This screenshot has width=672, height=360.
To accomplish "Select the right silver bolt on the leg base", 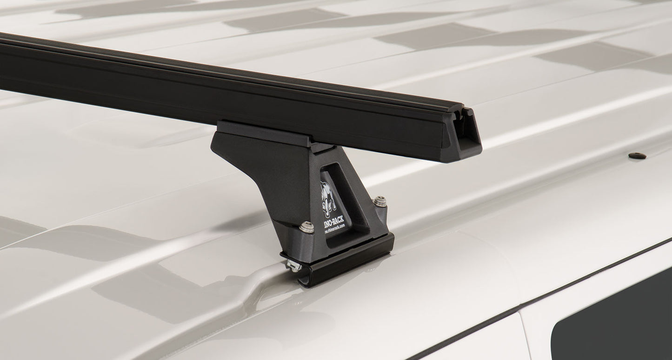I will click(x=379, y=201).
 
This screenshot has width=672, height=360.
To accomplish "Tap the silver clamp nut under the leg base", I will click(x=294, y=266).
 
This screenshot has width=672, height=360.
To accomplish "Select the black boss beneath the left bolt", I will click(x=302, y=242).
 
